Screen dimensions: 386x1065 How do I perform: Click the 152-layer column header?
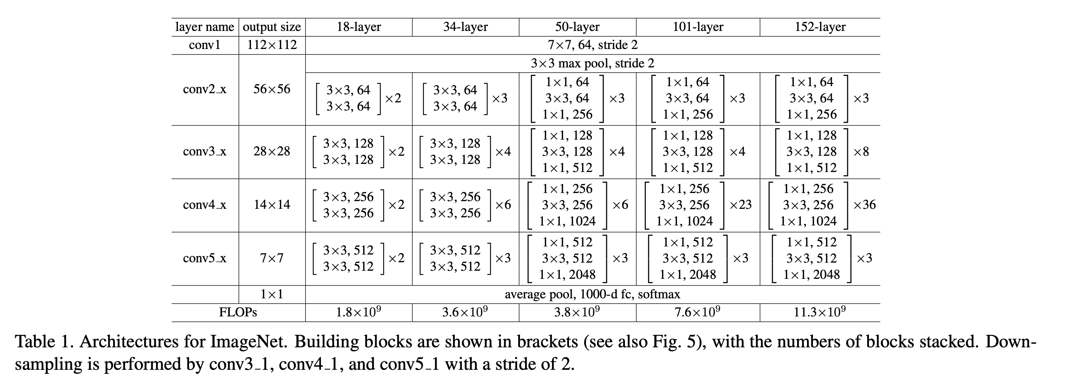[820, 27]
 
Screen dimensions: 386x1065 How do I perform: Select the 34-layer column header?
[465, 27]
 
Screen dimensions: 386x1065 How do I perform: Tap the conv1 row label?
[205, 45]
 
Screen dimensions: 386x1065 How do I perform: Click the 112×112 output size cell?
[272, 45]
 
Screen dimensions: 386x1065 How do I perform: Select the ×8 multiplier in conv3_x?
[861, 152]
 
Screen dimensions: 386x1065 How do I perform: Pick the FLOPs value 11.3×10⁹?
[820, 312]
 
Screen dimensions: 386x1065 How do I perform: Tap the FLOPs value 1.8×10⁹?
[359, 312]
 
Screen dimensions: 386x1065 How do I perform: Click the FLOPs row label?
[238, 312]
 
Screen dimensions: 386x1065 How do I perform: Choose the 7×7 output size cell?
[272, 258]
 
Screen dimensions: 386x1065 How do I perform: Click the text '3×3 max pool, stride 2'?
[593, 64]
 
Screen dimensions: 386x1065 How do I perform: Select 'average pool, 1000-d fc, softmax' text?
[593, 294]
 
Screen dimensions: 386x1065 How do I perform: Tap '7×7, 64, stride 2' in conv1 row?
[593, 45]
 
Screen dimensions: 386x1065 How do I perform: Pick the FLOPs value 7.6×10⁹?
[698, 312]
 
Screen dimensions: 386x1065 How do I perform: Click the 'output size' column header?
[272, 27]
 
